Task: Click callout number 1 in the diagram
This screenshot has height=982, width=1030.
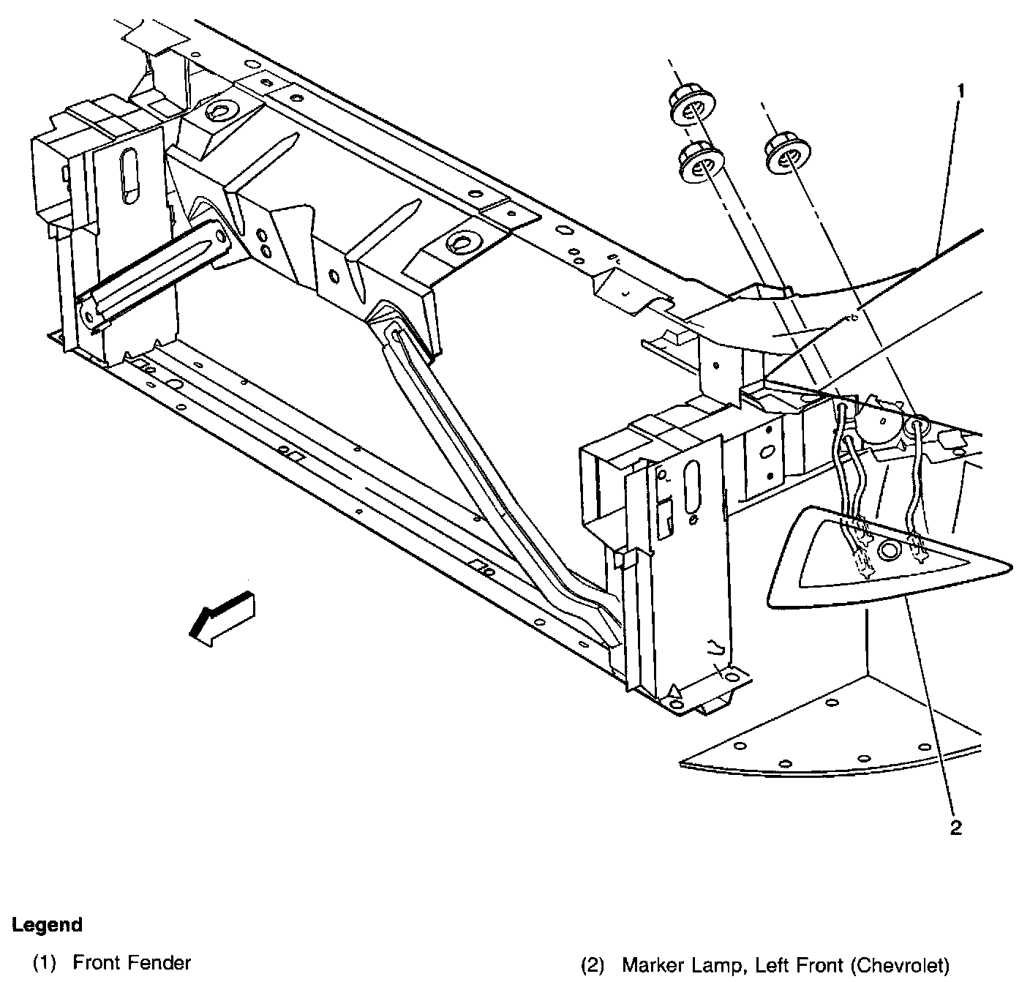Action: (x=961, y=91)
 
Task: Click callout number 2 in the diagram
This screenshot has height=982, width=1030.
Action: (x=955, y=828)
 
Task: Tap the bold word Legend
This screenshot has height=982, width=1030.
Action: (x=47, y=925)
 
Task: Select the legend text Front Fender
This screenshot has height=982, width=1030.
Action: (x=132, y=962)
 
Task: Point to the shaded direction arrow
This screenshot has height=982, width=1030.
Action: (x=221, y=619)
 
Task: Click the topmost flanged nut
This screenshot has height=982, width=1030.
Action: (x=690, y=109)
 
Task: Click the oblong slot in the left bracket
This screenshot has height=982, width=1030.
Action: (x=131, y=174)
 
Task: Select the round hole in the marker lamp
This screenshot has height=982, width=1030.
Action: (x=889, y=550)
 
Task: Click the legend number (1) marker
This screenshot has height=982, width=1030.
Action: (x=44, y=962)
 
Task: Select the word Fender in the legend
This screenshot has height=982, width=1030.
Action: (x=162, y=962)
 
